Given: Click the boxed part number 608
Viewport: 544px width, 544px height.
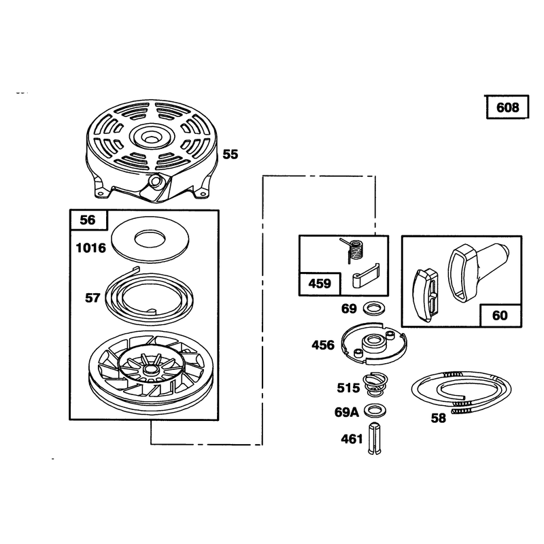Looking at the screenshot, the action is click(507, 107).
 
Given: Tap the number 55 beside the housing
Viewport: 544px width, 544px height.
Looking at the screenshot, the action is click(231, 154).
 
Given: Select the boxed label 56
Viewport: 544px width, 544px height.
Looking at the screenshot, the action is click(87, 220).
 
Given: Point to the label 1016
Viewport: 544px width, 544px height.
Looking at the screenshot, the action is click(91, 248).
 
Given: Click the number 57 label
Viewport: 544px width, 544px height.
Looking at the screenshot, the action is click(92, 298).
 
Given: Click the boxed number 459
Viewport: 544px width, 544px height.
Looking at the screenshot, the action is click(320, 284).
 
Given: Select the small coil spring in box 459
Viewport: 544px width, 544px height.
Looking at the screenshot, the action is click(352, 250).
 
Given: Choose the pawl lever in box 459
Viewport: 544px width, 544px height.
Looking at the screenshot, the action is click(366, 275).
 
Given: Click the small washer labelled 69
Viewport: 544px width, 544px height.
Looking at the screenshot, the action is click(371, 308).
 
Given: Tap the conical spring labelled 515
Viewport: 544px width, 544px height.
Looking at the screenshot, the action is click(375, 384).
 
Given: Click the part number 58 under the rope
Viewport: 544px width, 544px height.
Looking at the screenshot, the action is click(438, 418).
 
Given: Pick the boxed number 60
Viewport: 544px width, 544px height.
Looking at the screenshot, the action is click(500, 316).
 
